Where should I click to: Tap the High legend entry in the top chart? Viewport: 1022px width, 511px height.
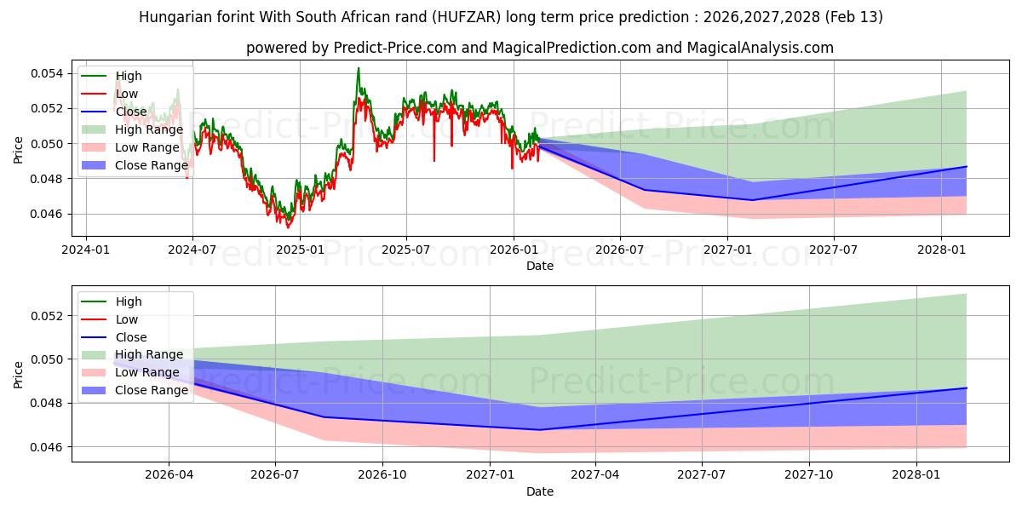pos(129,77)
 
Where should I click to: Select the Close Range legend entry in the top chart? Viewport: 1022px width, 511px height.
pos(151,165)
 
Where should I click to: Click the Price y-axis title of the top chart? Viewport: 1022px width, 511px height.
pos(19,150)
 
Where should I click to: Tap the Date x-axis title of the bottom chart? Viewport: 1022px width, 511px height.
pos(540,491)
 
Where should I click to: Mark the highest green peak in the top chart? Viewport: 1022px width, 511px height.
pos(359,68)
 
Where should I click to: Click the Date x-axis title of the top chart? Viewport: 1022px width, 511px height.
pos(540,266)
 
